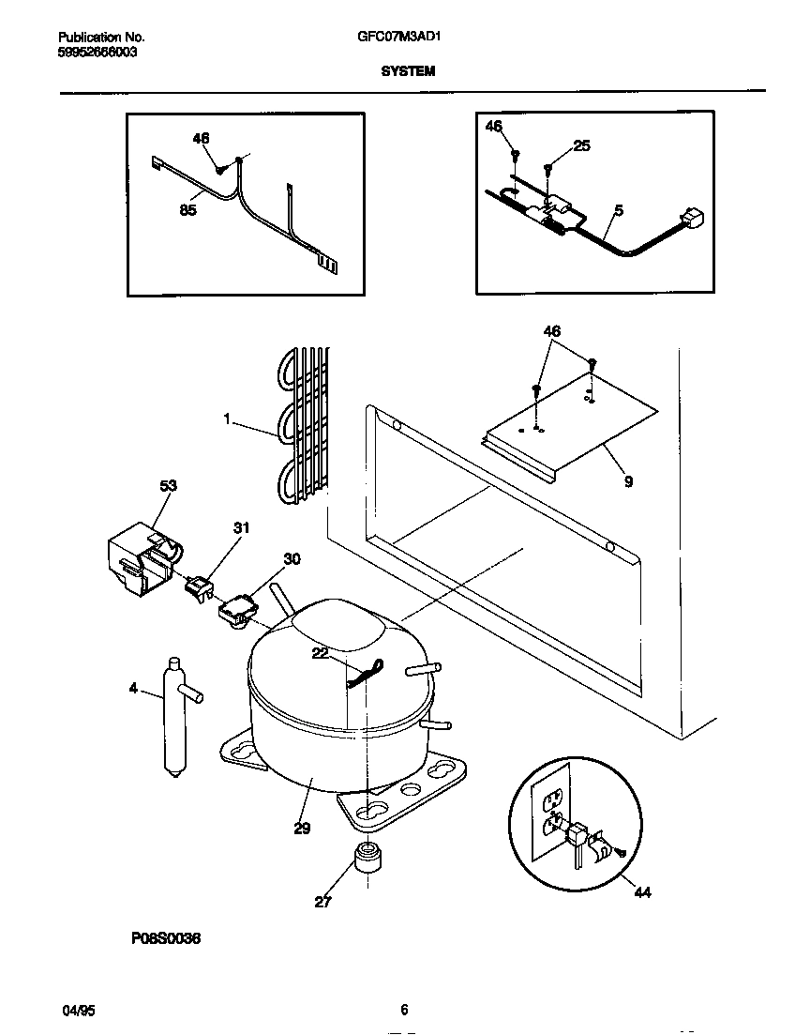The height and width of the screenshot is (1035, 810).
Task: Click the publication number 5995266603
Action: point(97,53)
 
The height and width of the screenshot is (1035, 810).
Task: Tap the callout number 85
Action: point(187,210)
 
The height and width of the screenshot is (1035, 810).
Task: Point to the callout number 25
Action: point(581,145)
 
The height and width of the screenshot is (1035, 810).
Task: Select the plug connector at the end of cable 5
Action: point(694,219)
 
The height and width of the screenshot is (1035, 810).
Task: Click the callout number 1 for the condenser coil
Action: point(226,421)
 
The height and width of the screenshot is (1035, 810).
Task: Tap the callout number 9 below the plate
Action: point(627,481)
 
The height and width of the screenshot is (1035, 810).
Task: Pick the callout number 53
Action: point(168,485)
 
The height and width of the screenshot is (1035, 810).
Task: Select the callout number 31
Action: point(241,528)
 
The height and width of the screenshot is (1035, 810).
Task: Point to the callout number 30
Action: point(292,559)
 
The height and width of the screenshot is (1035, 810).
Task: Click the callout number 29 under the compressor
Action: point(300,828)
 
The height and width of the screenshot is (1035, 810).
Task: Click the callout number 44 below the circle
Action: point(641,891)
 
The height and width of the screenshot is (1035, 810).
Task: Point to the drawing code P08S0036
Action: point(160,938)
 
